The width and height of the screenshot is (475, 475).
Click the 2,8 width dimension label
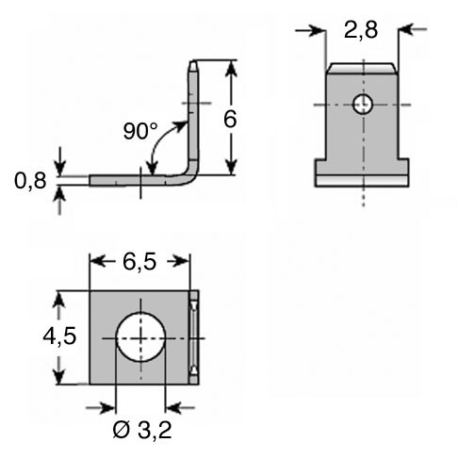361,31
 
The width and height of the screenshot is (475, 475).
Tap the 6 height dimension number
230,119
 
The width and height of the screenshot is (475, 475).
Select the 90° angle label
140,131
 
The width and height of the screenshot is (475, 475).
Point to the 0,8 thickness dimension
30,181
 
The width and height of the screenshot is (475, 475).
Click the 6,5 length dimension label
139,261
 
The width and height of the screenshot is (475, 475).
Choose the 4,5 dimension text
59,336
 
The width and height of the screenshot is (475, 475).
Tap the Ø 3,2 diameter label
142,430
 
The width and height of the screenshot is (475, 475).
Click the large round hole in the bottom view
140,337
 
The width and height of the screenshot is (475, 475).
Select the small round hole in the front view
363,104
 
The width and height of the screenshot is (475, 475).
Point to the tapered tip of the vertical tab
193,66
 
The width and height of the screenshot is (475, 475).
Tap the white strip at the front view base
362,181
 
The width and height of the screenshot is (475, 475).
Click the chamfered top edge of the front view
362,68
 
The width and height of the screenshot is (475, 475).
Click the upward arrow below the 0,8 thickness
59,201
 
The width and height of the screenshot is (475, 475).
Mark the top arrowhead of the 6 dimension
231,69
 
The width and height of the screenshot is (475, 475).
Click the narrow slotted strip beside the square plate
194,337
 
